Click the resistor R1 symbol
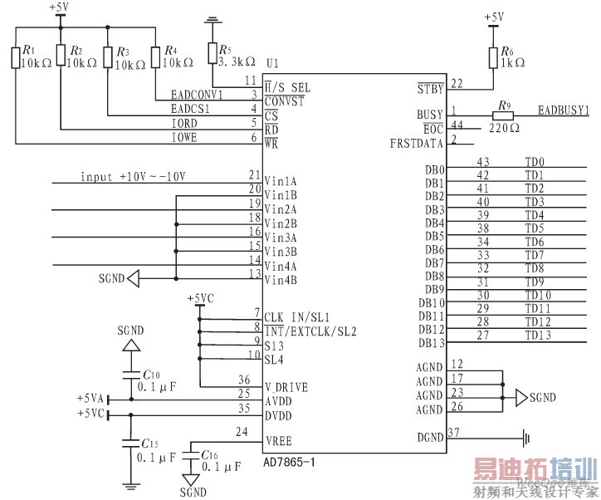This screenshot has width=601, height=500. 16,58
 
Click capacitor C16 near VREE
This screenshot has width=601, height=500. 190,456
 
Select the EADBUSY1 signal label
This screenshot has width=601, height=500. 563,109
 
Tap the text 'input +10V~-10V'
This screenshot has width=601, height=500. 133,177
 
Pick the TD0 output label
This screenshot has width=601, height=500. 535,162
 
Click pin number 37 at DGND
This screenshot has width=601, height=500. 453,432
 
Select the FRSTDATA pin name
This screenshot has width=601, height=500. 417,143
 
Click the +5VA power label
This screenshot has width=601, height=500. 90,399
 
